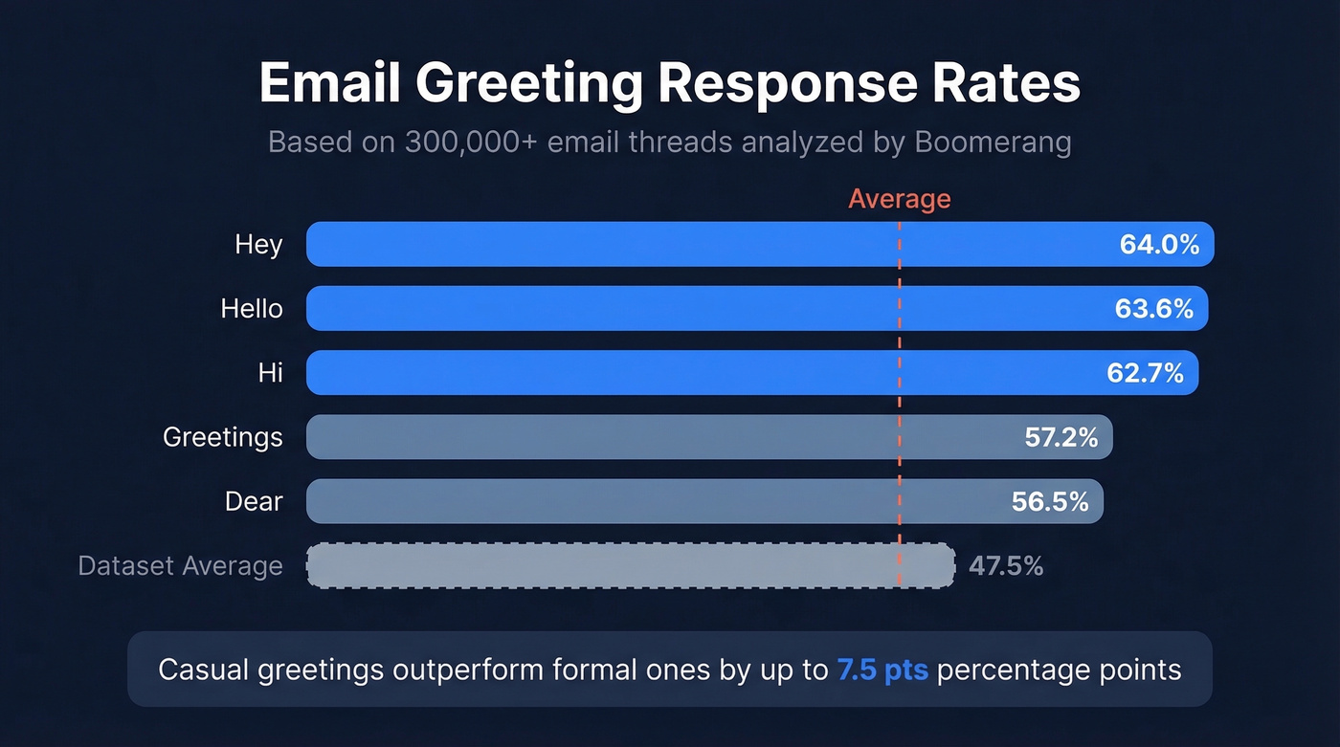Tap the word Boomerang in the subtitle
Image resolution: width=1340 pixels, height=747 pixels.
[x=993, y=143]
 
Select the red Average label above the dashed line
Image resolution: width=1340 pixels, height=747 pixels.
[x=899, y=198]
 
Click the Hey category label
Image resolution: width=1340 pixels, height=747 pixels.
[x=258, y=245]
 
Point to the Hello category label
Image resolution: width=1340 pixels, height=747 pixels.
[x=252, y=309]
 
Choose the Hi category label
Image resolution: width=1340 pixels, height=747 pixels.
[x=270, y=372]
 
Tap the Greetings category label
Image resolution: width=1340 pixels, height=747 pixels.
[x=223, y=437]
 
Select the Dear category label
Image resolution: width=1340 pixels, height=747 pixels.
[x=254, y=501]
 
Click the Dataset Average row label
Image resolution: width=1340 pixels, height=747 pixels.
[x=180, y=566]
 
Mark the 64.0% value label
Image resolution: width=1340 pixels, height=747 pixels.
[x=1159, y=245]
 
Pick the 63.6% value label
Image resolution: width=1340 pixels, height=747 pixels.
[x=1153, y=309]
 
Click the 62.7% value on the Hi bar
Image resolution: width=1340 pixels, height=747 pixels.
[x=1145, y=372]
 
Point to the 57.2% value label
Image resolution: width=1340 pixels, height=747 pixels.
[x=1061, y=437]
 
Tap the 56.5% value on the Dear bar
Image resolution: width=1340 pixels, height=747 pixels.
[x=1050, y=501]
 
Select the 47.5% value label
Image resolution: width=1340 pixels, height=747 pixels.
[x=1005, y=566]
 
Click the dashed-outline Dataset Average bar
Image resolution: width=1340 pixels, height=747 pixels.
[x=630, y=566]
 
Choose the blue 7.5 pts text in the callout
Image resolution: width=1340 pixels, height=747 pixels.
[x=882, y=670]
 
